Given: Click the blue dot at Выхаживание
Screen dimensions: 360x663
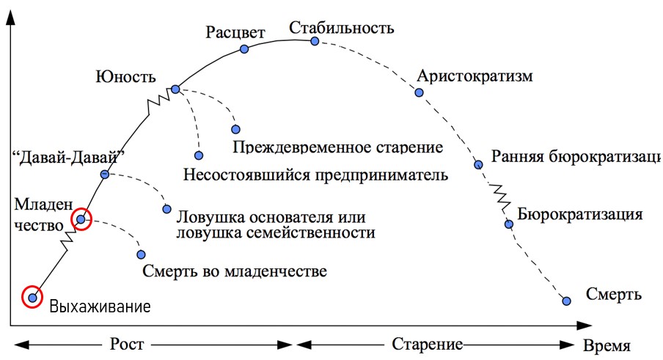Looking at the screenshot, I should (x=32, y=297).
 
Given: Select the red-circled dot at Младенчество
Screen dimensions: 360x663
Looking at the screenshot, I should (x=81, y=219).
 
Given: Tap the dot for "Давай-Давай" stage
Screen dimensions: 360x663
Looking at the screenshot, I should (x=104, y=175).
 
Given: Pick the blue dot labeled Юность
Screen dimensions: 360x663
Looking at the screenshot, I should (x=175, y=89).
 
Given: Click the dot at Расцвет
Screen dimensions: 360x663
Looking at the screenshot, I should (x=244, y=49).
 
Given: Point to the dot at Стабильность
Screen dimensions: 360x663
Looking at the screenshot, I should (x=315, y=41).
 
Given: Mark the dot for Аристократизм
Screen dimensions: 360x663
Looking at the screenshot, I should (x=419, y=92).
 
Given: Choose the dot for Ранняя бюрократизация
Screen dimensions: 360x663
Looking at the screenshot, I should (x=477, y=164).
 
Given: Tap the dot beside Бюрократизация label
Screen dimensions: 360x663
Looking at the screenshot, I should (x=508, y=224).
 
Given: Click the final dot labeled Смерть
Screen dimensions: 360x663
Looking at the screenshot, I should (x=565, y=301).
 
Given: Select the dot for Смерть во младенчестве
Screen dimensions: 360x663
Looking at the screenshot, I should (x=141, y=254).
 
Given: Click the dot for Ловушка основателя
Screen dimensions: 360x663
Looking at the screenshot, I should (x=166, y=208).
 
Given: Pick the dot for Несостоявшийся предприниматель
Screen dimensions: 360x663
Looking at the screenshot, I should (x=199, y=155).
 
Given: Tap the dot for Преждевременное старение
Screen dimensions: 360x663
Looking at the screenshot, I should (x=235, y=129).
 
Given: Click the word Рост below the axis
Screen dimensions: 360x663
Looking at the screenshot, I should (x=127, y=344).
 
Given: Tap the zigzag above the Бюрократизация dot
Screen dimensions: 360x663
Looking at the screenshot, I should (x=499, y=196).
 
